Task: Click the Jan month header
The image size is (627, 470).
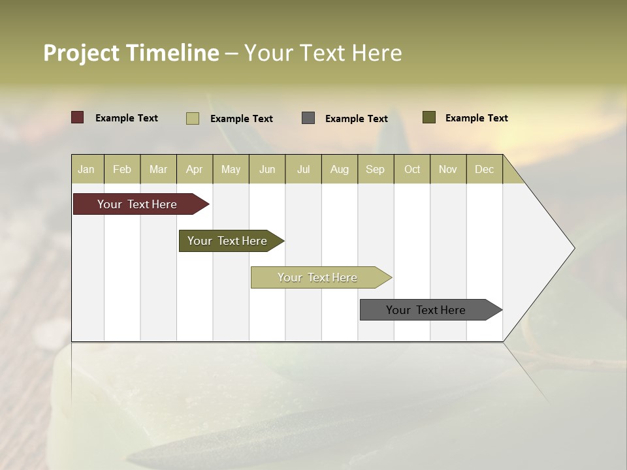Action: [86, 169]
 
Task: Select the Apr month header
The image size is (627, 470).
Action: [194, 169]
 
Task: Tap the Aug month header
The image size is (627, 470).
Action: [339, 169]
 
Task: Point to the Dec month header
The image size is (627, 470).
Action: [484, 169]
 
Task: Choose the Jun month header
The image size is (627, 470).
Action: [266, 169]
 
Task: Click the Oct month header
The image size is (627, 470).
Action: [411, 169]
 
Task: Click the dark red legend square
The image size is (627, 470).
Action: [77, 117]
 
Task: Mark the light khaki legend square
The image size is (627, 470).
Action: [192, 118]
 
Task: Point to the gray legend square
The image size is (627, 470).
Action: [308, 117]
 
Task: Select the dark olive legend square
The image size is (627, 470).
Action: [428, 117]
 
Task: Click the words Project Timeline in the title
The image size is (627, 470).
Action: [131, 53]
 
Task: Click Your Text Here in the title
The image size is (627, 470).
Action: [323, 53]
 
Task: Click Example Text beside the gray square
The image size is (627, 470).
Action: [356, 118]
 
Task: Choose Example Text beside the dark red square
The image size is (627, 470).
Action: [126, 117]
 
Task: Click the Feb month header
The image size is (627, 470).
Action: [122, 169]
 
